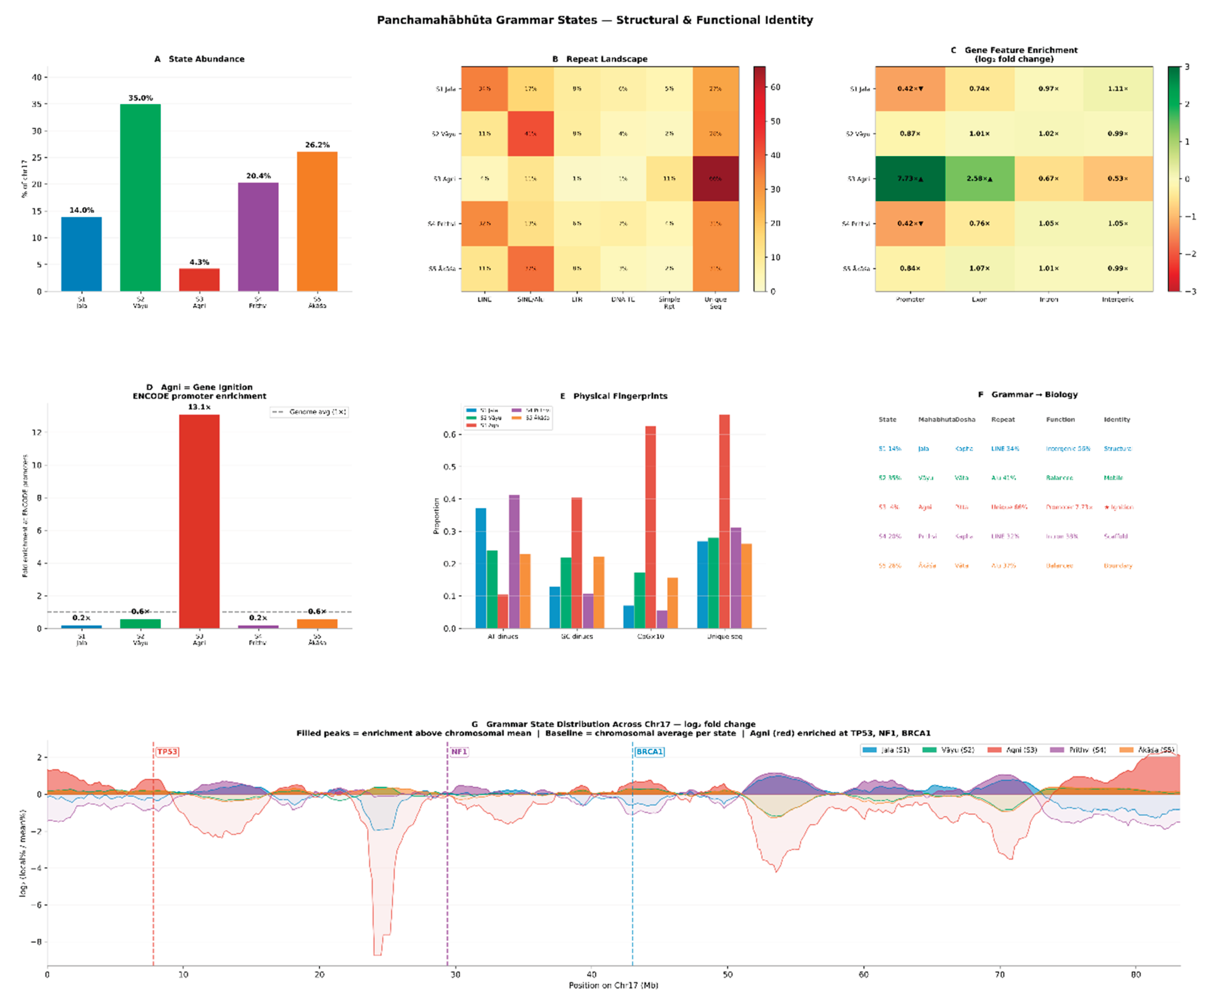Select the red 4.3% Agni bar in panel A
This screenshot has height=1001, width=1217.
click(x=199, y=280)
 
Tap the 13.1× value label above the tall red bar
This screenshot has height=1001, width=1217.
click(x=199, y=407)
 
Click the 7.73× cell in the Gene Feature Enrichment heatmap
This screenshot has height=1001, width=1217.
click(x=910, y=179)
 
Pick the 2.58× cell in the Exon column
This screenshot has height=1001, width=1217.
click(x=979, y=179)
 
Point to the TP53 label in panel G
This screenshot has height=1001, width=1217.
click(x=167, y=752)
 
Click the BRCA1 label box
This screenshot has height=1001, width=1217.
click(x=649, y=752)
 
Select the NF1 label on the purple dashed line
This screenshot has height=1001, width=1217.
click(x=459, y=752)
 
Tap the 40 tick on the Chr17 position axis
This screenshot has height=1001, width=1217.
click(x=592, y=975)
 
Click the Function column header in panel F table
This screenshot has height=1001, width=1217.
click(x=1060, y=420)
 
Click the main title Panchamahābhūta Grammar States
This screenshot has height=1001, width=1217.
click(x=594, y=20)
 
